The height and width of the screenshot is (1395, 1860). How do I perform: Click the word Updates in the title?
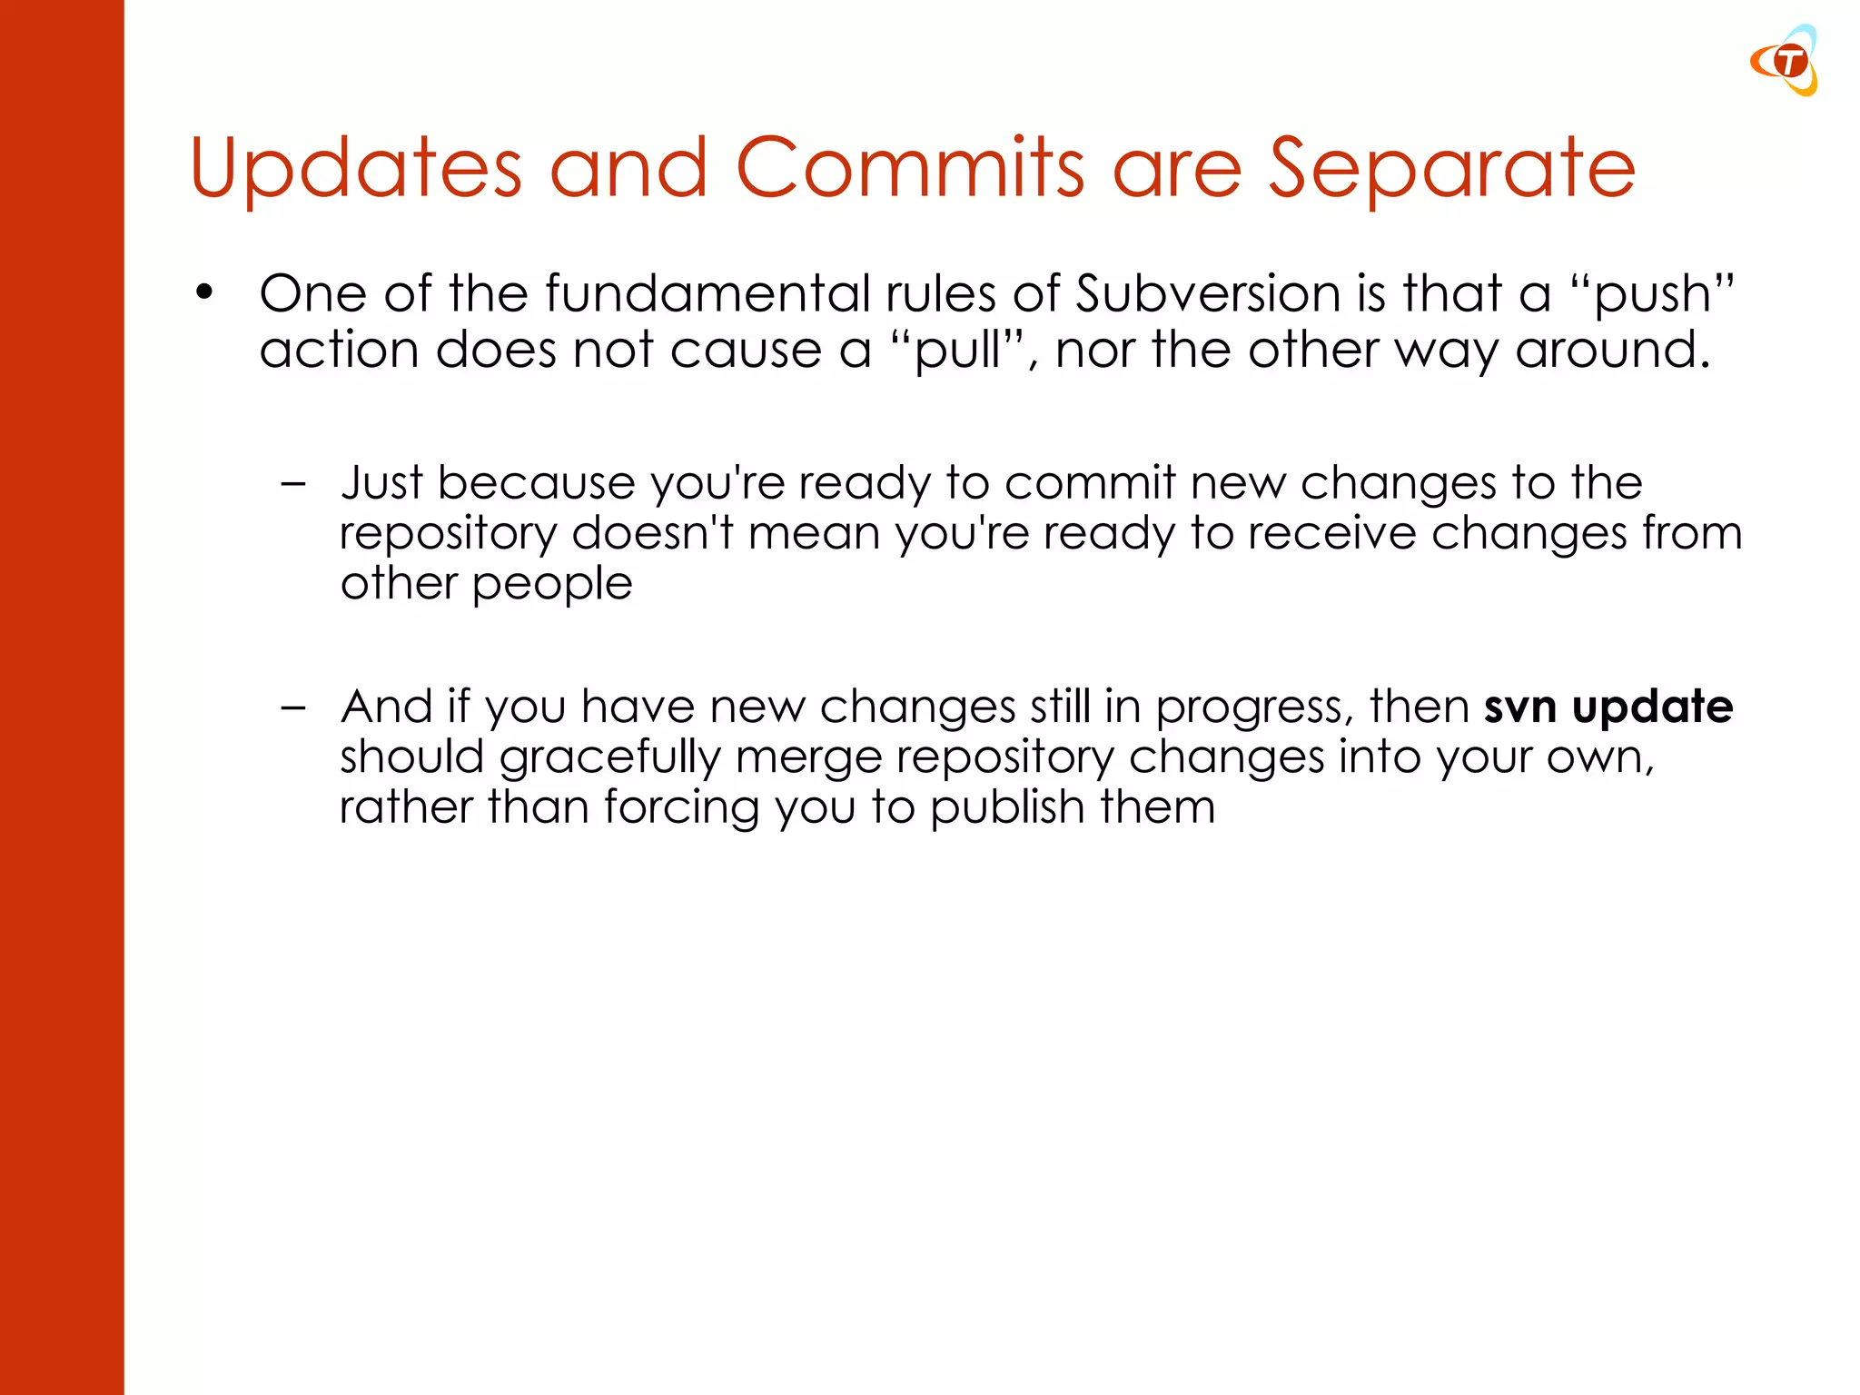(x=356, y=168)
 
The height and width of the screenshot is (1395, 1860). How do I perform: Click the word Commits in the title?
(x=910, y=168)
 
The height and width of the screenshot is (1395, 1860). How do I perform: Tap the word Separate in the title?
(x=1451, y=170)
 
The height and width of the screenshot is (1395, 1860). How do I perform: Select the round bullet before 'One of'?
(x=204, y=293)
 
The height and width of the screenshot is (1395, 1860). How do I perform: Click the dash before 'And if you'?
(x=293, y=707)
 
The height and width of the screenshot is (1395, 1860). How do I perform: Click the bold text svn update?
(x=1608, y=707)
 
